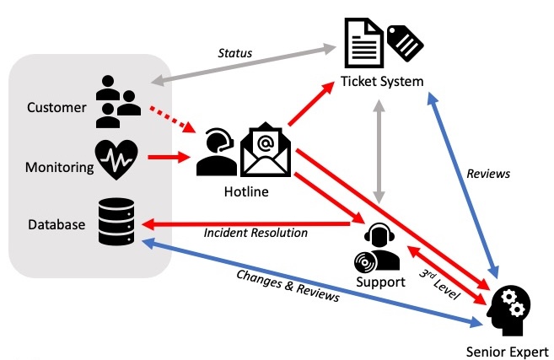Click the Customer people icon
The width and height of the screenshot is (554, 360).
(x=118, y=99)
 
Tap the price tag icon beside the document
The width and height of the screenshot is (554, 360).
(x=405, y=40)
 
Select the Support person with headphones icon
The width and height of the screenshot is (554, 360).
(x=379, y=247)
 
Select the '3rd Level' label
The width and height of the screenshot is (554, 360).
(x=438, y=279)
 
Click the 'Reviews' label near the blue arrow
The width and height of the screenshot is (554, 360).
(x=488, y=173)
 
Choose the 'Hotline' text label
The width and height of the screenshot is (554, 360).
(x=245, y=192)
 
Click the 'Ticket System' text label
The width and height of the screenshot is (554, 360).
(x=381, y=81)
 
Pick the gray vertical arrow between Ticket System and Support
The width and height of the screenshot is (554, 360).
(x=381, y=152)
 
